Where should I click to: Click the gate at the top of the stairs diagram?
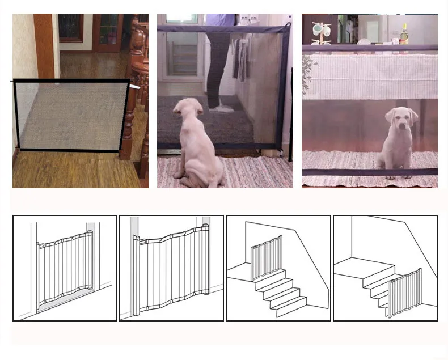(266, 257)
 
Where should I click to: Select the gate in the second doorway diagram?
(171, 266)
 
